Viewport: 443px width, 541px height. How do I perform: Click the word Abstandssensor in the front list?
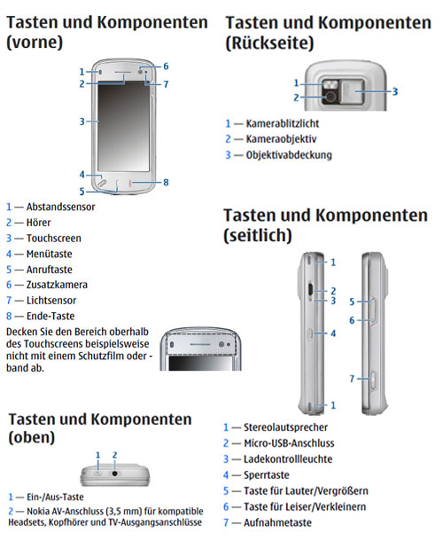[60, 207]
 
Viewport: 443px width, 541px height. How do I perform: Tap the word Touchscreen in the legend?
[54, 239]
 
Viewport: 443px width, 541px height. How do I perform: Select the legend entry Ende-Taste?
[51, 316]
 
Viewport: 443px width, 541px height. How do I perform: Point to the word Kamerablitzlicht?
[283, 123]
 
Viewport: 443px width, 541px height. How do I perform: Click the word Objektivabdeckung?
[289, 155]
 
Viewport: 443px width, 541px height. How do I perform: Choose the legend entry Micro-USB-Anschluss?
[289, 443]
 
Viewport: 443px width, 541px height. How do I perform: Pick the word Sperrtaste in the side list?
[267, 475]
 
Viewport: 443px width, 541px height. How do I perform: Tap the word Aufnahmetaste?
[277, 522]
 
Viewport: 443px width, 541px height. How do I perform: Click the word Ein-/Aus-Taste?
[55, 498]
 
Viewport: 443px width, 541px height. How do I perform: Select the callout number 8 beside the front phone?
[166, 182]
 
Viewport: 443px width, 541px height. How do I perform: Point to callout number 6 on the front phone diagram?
[166, 66]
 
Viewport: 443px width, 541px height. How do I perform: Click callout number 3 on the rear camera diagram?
[395, 91]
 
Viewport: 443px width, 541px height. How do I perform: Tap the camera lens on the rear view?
[330, 97]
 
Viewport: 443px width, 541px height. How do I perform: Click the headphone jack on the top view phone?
[115, 474]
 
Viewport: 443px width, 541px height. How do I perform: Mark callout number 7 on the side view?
[352, 379]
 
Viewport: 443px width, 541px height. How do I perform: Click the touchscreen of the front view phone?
[123, 126]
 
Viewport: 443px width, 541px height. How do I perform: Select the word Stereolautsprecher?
[285, 427]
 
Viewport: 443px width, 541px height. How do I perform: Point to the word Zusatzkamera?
[57, 285]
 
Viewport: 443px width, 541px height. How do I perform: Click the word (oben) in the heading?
[31, 438]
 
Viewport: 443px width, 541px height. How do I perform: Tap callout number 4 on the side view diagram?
[333, 333]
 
